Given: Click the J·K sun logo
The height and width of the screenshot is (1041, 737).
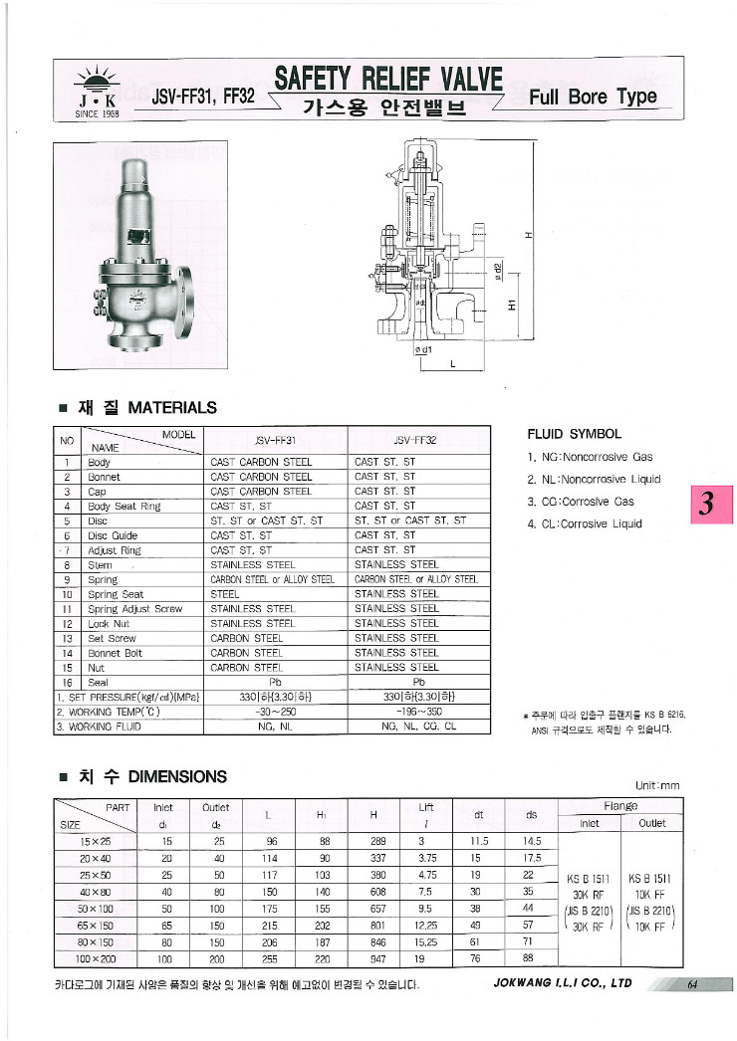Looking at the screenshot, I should (97, 91).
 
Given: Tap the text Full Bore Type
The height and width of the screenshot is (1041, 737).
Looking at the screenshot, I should (593, 97).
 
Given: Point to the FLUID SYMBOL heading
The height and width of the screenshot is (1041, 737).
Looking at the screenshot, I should (574, 434).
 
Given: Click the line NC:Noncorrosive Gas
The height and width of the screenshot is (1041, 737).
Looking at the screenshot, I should (590, 457).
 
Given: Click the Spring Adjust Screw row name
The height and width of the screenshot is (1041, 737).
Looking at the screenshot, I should (134, 608).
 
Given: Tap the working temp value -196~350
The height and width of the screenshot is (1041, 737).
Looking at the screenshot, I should (418, 712).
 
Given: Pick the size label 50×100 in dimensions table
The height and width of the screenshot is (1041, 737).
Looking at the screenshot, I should (94, 908).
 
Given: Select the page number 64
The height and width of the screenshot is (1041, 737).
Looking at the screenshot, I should (690, 985).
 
